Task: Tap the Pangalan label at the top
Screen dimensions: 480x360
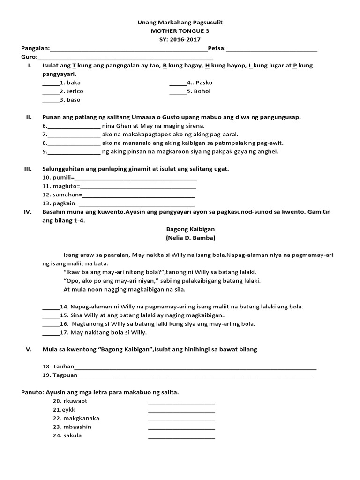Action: tap(35, 48)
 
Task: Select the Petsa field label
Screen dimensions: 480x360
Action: tap(217, 48)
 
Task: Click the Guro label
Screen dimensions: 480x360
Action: tap(29, 57)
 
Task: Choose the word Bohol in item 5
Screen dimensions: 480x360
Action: tap(202, 91)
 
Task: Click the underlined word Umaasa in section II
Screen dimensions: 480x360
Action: tap(146, 117)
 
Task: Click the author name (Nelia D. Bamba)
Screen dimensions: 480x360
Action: tap(190, 238)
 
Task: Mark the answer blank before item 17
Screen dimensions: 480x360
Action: tap(51, 333)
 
